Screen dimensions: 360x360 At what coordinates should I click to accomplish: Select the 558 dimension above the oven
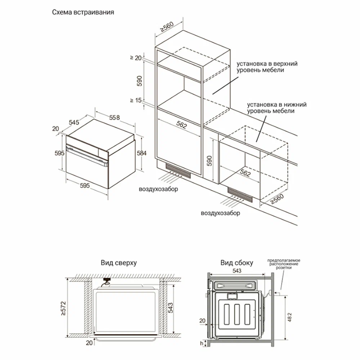click(114, 118)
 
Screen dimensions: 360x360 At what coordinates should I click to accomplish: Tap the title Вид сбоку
click(237, 263)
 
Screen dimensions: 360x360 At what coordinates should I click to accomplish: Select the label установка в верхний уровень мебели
click(267, 67)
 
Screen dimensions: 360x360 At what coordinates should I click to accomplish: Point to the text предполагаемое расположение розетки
click(284, 264)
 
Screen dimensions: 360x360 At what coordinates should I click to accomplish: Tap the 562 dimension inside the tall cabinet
click(182, 125)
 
